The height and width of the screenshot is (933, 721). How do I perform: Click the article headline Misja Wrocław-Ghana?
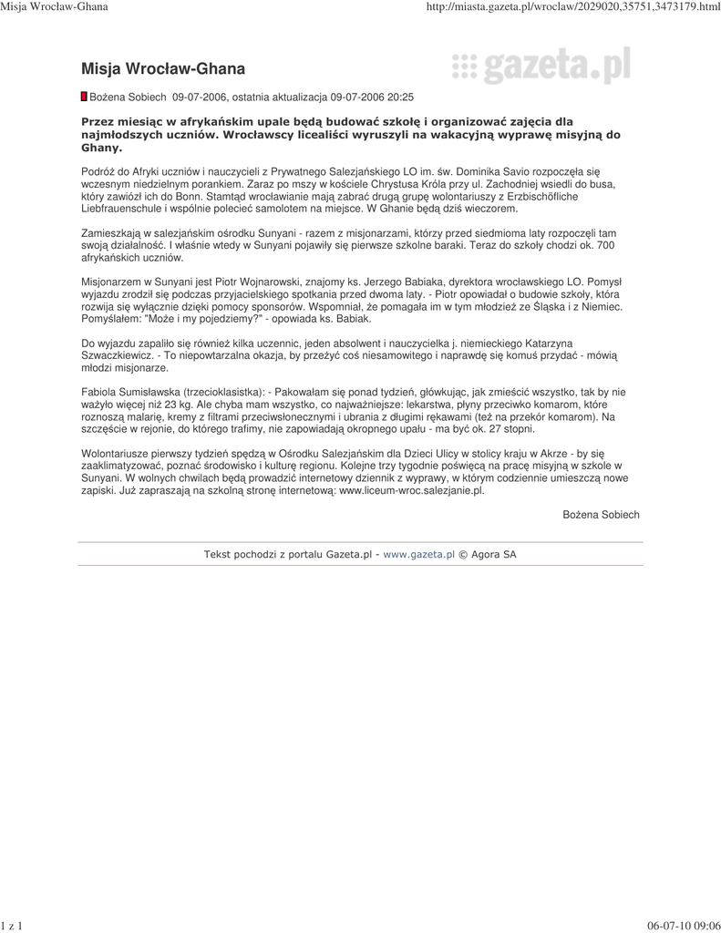click(163, 68)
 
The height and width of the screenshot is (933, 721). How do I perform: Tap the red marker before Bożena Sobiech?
click(85, 96)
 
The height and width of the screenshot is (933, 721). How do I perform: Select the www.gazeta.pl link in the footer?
click(418, 553)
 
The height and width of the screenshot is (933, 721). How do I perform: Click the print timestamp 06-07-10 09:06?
click(684, 926)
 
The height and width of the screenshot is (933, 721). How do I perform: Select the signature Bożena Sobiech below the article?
click(601, 515)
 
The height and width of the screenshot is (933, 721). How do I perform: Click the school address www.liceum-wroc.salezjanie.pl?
click(411, 489)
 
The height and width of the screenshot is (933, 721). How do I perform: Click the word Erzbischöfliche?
click(580, 196)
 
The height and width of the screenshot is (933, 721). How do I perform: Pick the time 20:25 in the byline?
click(400, 97)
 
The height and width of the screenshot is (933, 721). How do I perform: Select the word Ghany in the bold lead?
click(98, 147)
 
